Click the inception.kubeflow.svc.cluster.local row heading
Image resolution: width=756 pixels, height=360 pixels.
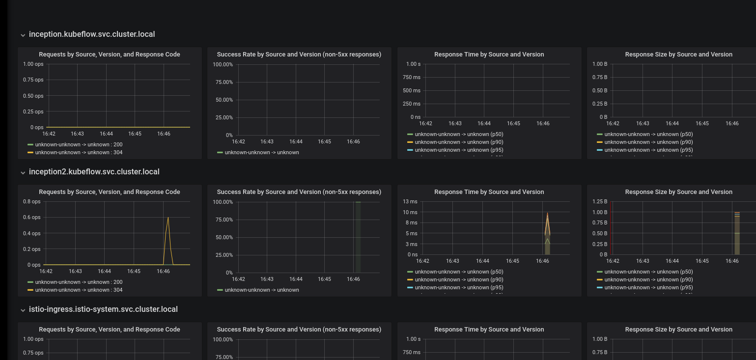click(92, 34)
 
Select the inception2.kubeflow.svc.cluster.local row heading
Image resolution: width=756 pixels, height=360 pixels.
click(94, 172)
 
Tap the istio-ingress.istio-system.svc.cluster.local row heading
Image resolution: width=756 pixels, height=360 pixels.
click(103, 309)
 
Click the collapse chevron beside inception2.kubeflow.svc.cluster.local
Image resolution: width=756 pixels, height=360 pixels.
click(23, 172)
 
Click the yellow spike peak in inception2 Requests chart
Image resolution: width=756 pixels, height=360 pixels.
click(168, 218)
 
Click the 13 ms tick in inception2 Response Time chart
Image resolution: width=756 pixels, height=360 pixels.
click(410, 202)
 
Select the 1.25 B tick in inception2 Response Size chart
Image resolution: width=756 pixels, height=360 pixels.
click(599, 202)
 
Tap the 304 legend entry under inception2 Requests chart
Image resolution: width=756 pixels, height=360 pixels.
click(79, 290)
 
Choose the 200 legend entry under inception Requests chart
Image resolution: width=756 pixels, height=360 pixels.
click(79, 144)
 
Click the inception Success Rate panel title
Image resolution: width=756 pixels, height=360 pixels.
click(299, 55)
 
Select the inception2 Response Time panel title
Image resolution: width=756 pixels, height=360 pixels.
click(489, 192)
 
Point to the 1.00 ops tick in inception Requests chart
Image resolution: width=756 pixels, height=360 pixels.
click(33, 64)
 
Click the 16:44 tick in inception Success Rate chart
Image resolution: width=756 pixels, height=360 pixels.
click(296, 141)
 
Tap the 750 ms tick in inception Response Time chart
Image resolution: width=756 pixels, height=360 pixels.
click(411, 77)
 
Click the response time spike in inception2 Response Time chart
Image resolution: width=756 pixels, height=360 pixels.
click(547, 214)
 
